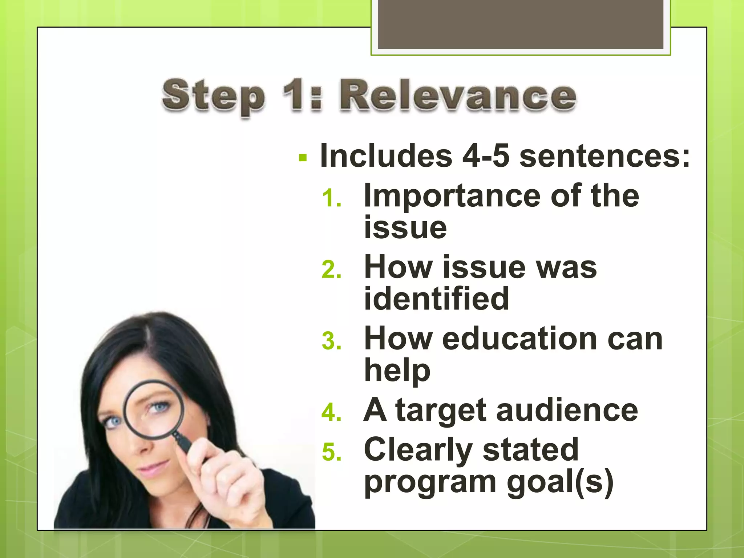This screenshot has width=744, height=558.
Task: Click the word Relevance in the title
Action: pos(458,96)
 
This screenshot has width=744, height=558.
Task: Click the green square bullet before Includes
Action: pos(303,158)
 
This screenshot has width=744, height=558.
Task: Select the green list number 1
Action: pos(332,199)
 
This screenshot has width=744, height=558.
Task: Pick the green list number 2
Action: pos(332,270)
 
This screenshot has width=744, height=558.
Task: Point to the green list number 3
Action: pos(332,341)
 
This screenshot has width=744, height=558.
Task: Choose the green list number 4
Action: pos(332,413)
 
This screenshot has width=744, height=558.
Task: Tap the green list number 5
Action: pos(332,452)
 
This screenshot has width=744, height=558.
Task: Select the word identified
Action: pos(436,299)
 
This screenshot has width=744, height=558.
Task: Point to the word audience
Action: pos(567,411)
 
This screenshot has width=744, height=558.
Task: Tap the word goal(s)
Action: pos(560,483)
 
